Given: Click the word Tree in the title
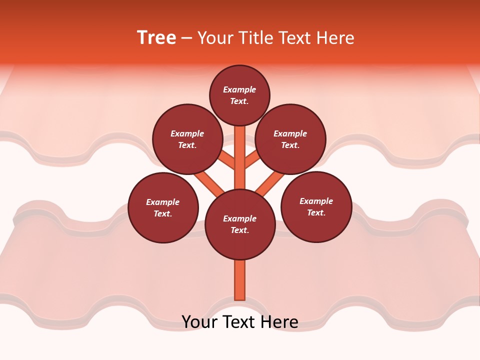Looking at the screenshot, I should point(156,38).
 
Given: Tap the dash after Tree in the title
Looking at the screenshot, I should point(187,38).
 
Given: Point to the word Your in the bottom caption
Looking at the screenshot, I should point(199,322).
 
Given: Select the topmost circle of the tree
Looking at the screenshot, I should point(239,95).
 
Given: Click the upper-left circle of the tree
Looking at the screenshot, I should point(187,139).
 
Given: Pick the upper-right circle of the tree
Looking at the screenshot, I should point(290,139).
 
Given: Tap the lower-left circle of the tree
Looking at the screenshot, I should point(163,207).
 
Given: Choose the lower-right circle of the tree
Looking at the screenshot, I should point(316,206).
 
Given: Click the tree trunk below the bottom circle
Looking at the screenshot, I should point(240,280).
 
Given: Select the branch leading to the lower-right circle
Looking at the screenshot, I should point(270,183).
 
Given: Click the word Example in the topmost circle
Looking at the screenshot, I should point(239,89).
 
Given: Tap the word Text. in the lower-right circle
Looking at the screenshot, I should point(316,212).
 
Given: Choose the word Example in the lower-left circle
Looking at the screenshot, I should point(162,202).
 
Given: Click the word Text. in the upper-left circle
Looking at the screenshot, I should point(187,145).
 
